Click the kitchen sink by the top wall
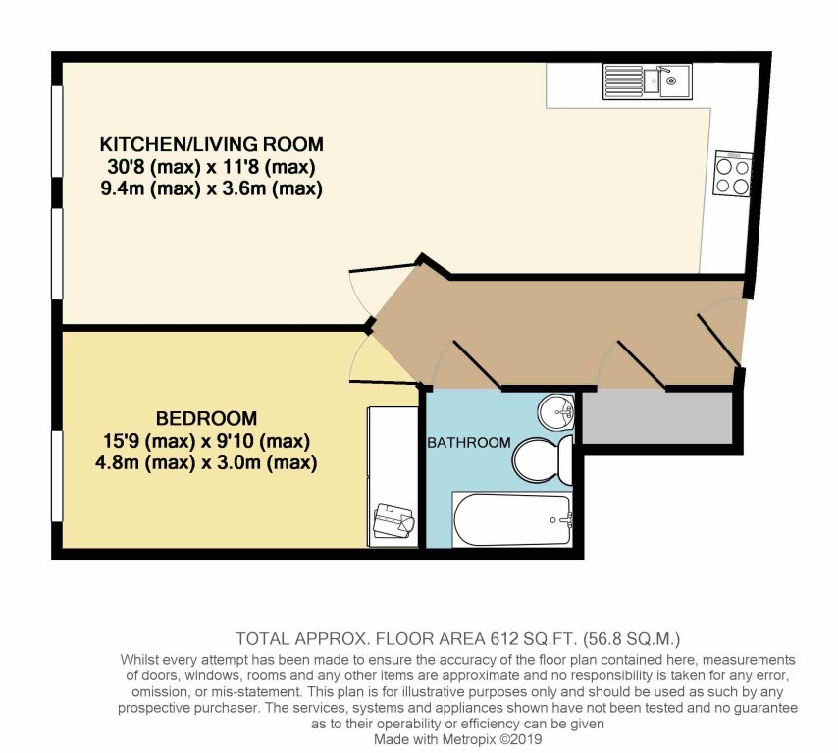tap(648, 81)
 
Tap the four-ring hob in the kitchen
tap(733, 173)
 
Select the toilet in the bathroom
tap(542, 458)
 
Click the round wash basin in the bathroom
tap(556, 411)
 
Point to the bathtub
tap(512, 519)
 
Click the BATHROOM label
tap(469, 443)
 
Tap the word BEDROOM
tap(206, 417)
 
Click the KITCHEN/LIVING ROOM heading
tap(212, 144)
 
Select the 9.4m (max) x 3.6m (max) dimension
tap(212, 188)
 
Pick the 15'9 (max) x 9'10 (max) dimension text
tap(206, 441)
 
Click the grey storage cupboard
tap(656, 417)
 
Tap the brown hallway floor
tap(555, 332)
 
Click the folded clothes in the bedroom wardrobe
tap(393, 520)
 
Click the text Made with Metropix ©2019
tap(457, 739)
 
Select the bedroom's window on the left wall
tap(57, 475)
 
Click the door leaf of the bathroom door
tap(477, 362)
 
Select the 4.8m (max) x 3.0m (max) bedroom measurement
tap(206, 462)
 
